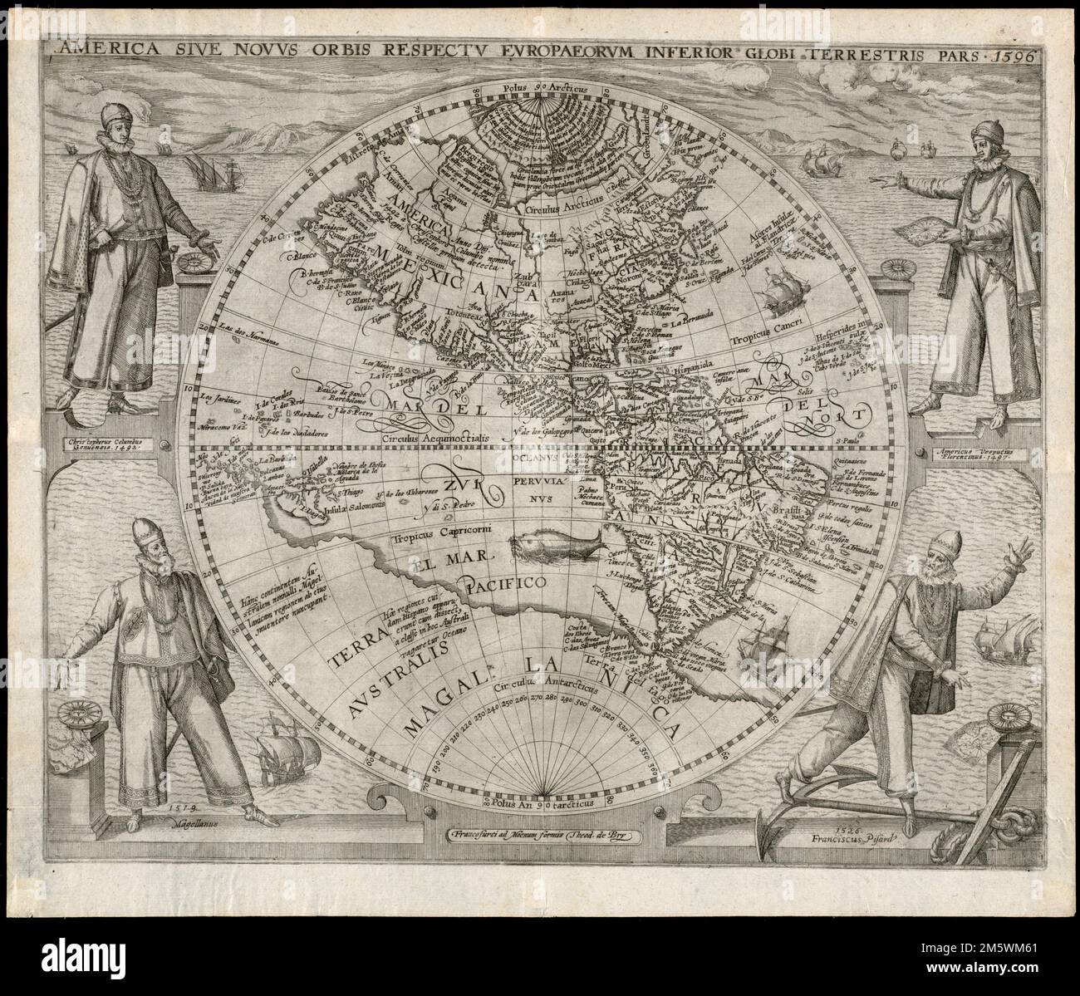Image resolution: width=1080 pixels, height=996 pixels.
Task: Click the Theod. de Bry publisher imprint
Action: pos(545,835)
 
